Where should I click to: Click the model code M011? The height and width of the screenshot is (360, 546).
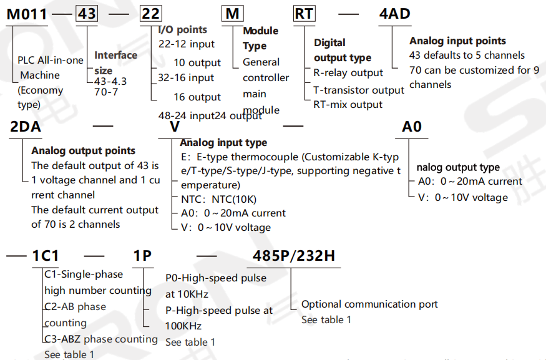27,13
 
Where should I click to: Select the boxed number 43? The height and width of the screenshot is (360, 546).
87,13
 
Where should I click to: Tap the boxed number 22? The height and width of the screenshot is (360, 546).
150,13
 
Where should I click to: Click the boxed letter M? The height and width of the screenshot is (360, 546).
232,13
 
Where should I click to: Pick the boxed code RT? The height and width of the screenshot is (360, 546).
305,13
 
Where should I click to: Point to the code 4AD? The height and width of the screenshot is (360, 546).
395,13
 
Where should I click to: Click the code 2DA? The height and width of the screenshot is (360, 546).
26,127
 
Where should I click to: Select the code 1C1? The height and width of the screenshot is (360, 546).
46,256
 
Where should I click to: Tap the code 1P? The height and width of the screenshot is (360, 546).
142,256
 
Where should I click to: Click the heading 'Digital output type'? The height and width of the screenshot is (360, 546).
343,51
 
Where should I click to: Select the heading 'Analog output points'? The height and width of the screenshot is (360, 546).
83,150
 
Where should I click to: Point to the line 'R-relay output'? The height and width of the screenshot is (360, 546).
348,73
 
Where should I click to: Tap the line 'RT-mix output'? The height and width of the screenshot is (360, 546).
348,104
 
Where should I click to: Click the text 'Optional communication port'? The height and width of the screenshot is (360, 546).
369,304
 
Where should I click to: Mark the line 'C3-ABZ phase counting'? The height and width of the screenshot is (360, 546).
101,339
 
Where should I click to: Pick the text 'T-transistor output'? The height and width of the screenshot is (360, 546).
359,90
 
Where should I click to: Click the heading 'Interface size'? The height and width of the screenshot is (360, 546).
115,62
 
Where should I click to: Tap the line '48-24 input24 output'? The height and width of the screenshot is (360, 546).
210,115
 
